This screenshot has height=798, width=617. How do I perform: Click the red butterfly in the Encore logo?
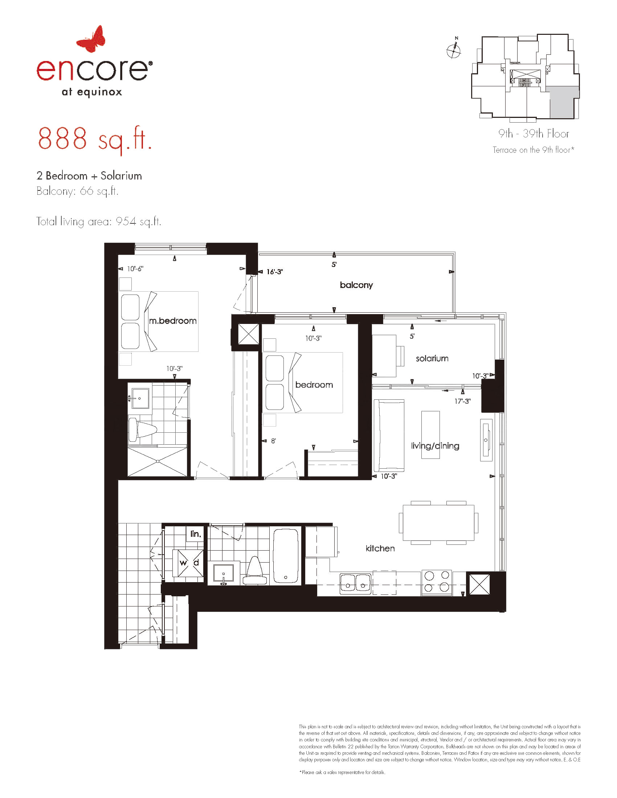pos(91,38)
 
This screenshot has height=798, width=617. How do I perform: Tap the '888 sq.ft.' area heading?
pos(95,140)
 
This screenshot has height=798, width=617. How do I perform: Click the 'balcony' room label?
pos(356,285)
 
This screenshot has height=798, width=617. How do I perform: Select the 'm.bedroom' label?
pos(172,321)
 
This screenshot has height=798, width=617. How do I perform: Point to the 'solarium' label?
pos(432,358)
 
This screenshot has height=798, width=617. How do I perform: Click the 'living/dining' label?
pos(435,446)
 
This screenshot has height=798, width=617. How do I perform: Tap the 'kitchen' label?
pos(380,548)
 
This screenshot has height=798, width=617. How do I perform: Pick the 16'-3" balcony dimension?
pos(274,272)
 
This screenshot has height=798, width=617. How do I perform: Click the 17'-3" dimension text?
pos(462,401)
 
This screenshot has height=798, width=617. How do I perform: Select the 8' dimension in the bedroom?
pos(273,441)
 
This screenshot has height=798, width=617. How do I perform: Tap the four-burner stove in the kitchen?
pos(437,583)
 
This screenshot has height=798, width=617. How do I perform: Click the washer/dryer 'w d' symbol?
pos(189,563)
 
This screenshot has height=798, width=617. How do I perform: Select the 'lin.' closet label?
pos(196,534)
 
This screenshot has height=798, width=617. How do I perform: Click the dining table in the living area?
pos(439,523)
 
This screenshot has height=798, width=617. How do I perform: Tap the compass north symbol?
pos(454,50)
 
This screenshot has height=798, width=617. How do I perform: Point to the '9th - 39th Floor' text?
pos(534,134)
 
